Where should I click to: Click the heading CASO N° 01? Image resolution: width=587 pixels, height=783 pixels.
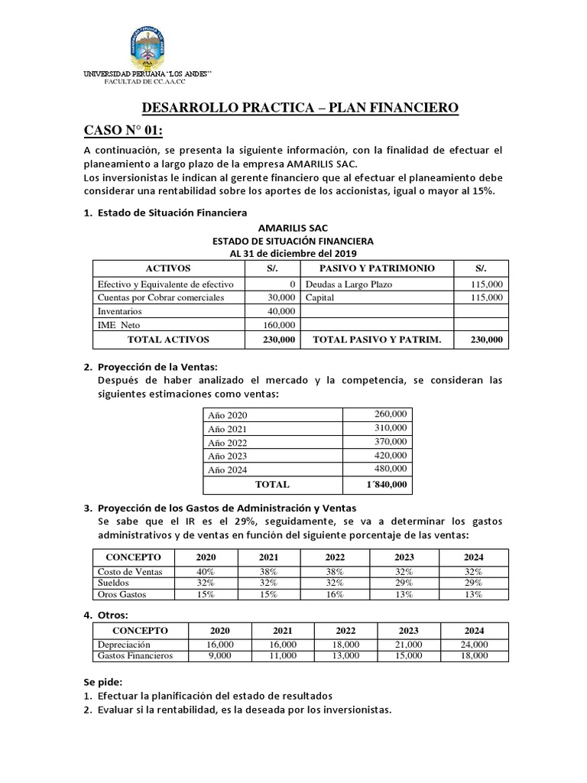(123, 132)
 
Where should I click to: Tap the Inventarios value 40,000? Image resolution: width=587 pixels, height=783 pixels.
(281, 311)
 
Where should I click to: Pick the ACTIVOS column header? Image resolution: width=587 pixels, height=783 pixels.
(168, 268)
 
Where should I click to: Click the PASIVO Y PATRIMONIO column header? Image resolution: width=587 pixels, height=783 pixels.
(377, 268)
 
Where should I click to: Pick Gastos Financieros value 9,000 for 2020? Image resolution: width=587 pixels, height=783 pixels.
(219, 655)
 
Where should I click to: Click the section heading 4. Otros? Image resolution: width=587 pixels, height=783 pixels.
(105, 615)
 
